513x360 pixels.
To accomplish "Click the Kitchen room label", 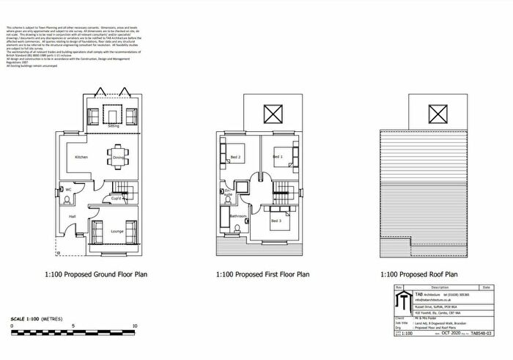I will click(x=81, y=158).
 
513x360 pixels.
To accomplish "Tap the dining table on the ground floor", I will click(x=118, y=156).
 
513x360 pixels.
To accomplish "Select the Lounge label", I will click(x=117, y=232).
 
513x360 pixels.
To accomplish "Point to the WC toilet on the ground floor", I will click(x=61, y=190).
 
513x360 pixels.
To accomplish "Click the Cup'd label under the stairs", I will click(x=117, y=198).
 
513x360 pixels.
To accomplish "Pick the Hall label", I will click(x=73, y=217).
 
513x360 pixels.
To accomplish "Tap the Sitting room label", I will click(x=114, y=127).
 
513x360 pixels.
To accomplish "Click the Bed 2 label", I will click(x=236, y=158).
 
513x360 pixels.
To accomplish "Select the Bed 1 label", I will click(x=278, y=157).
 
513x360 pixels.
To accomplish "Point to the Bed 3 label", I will click(x=276, y=221).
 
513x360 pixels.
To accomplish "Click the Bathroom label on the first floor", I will click(x=237, y=216).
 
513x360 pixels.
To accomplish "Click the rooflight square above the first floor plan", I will click(x=272, y=114).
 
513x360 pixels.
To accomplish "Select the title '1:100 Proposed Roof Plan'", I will click(x=418, y=275).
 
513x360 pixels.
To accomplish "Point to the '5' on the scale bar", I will click(x=73, y=324).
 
